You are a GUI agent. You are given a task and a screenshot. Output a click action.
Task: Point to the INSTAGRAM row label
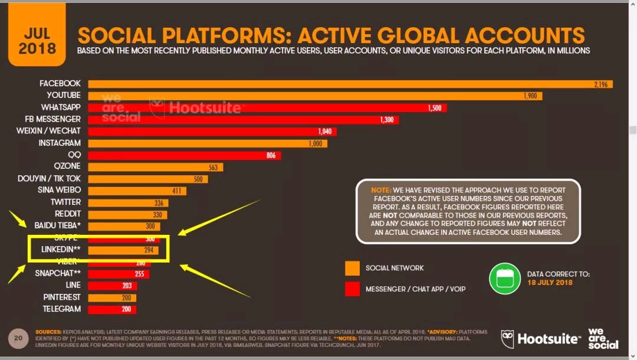pyautogui.click(x=60, y=143)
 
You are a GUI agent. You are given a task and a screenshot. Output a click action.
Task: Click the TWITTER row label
pyautogui.click(x=65, y=202)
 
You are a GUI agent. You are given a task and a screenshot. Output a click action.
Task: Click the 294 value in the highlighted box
pyautogui.click(x=150, y=250)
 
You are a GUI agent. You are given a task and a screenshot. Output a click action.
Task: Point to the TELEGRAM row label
pyautogui.click(x=61, y=309)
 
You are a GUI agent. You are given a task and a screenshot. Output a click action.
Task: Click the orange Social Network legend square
pyautogui.click(x=352, y=268)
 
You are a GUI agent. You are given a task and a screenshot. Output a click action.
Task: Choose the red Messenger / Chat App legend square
pyautogui.click(x=352, y=289)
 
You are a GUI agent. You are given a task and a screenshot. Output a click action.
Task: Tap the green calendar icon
pyautogui.click(x=504, y=279)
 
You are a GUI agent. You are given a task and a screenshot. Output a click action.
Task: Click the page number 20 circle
pyautogui.click(x=18, y=339)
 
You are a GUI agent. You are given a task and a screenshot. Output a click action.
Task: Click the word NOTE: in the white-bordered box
pyautogui.click(x=381, y=190)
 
